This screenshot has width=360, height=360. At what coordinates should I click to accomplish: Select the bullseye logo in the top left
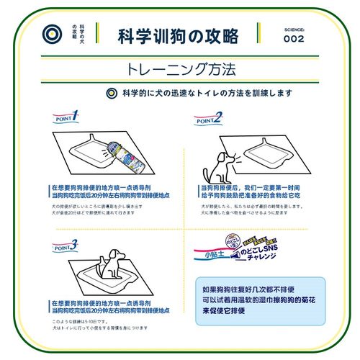[x=50, y=35]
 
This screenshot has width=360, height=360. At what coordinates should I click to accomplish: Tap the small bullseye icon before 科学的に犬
[x=110, y=93]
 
